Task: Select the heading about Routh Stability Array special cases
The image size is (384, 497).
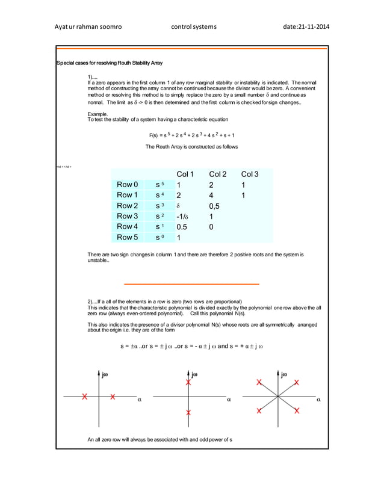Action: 109,63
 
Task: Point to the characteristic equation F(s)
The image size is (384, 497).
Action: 192,135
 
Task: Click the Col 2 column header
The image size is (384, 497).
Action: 218,174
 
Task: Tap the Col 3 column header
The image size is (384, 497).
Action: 250,174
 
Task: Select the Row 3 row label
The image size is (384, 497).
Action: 128,216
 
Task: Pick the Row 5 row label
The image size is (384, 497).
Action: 128,237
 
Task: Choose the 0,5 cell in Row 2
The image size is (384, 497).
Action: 215,206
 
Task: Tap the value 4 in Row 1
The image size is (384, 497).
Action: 211,195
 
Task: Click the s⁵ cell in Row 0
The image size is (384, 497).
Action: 159,185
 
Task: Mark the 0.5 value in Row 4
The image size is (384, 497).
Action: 182,227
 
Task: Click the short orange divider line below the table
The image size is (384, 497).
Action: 191,283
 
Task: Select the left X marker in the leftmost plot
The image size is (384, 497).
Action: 85,397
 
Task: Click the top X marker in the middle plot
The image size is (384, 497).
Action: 188,382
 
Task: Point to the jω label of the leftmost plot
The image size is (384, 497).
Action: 105,374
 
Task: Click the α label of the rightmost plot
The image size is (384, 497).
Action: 318,399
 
